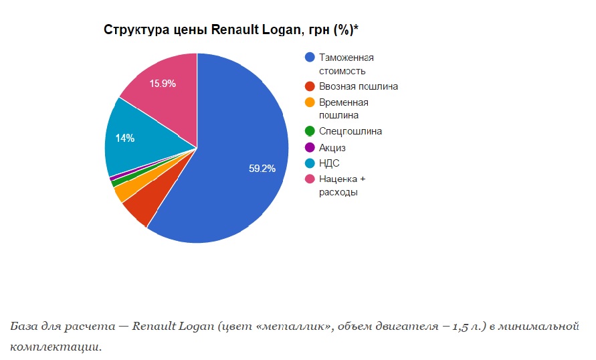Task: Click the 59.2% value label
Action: (262, 169)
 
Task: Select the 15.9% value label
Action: (163, 84)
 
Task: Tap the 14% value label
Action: (125, 139)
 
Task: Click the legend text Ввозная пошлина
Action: (358, 86)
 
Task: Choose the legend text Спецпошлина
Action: (351, 132)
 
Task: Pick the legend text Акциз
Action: (332, 147)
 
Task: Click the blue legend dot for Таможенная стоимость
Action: (310, 58)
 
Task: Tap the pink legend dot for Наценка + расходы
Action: (310, 179)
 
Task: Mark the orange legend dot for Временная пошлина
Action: (310, 102)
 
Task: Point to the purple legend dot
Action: (310, 147)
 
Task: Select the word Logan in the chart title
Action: (278, 30)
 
